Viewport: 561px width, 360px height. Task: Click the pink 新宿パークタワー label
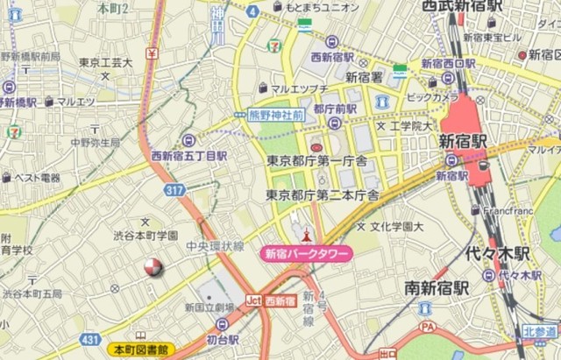pyautogui.click(x=307, y=254)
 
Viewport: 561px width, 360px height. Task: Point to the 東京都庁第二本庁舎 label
pyautogui.click(x=323, y=194)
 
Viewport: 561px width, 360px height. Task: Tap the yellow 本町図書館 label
pyautogui.click(x=139, y=349)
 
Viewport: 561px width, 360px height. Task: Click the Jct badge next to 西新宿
pyautogui.click(x=253, y=301)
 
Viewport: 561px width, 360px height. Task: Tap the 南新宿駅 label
pyautogui.click(x=437, y=287)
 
